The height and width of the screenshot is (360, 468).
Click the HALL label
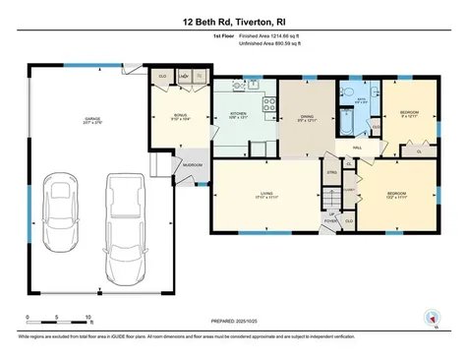345,148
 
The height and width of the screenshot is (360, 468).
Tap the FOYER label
332,220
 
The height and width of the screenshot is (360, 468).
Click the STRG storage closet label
332,171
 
